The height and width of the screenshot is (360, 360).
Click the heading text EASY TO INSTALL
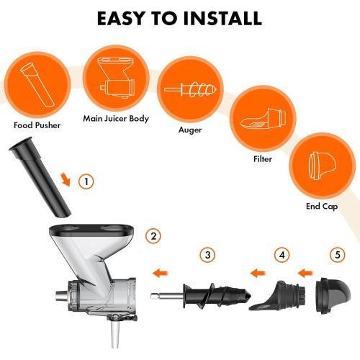pos(179,18)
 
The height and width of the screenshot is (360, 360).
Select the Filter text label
pos(263,159)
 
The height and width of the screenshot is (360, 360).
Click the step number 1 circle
pos(86,181)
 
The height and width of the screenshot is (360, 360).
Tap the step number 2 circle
pos(153,235)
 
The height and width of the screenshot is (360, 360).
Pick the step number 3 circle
pos(208,255)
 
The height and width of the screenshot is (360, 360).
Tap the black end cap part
pos(334,294)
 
